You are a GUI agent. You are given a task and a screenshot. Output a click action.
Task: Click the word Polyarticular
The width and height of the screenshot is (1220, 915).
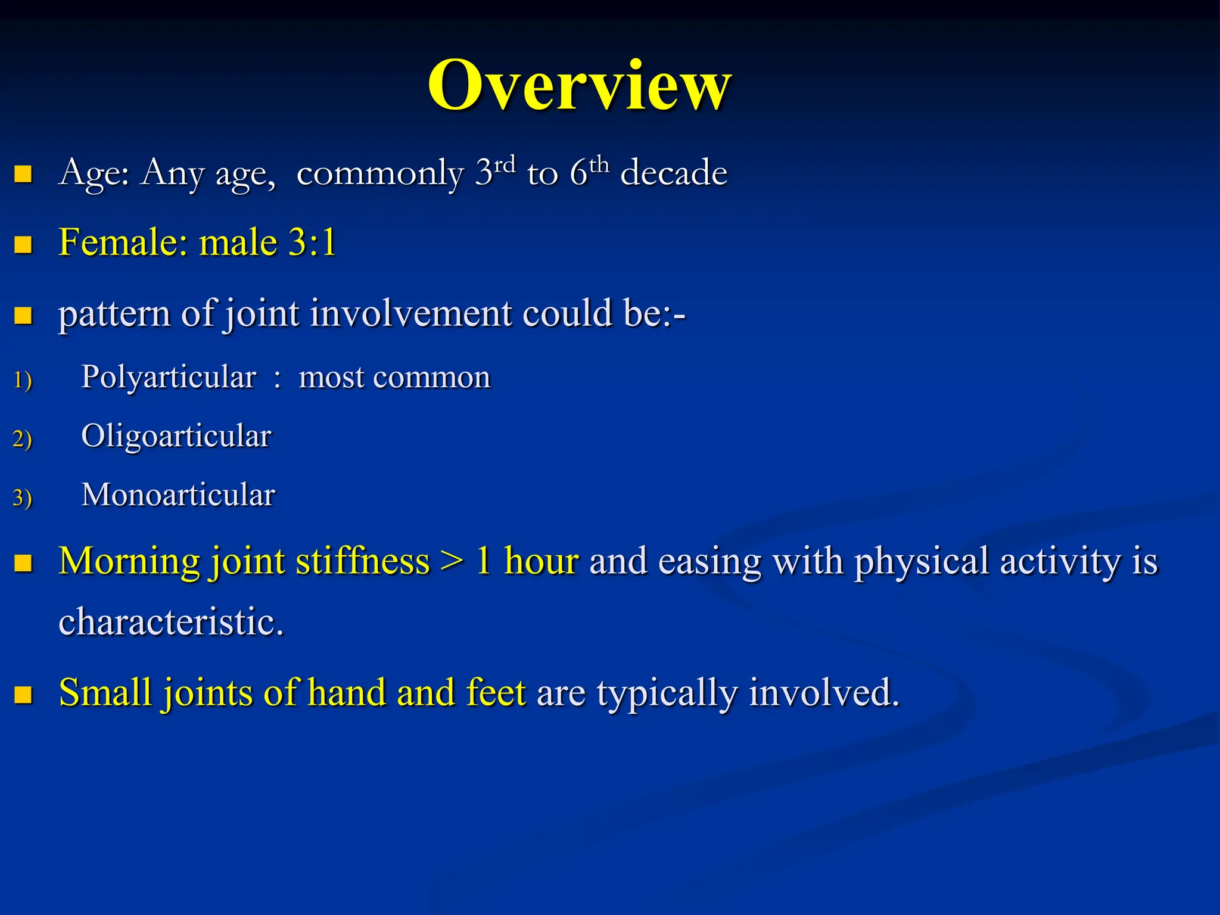coord(169,377)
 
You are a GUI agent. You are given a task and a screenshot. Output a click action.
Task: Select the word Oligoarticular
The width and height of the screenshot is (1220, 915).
coord(176,436)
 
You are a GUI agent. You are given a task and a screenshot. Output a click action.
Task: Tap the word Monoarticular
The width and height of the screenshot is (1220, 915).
coord(178,495)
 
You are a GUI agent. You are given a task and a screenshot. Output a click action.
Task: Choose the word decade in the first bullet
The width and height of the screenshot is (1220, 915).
coord(674,173)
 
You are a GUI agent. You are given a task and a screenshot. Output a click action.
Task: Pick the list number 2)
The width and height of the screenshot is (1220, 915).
coord(22,439)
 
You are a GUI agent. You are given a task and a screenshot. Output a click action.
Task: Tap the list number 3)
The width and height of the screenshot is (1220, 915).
coord(22,498)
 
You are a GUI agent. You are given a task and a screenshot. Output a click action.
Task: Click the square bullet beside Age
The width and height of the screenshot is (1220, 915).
coord(23,174)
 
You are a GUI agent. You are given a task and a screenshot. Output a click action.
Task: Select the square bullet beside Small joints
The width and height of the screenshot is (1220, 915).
coord(23,695)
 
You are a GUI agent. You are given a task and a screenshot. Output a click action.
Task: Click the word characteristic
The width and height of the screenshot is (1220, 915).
coord(170,622)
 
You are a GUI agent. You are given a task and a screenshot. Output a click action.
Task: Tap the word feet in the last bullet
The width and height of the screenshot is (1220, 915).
coord(496,693)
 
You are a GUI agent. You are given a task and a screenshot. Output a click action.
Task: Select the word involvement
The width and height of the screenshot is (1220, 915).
coord(410,313)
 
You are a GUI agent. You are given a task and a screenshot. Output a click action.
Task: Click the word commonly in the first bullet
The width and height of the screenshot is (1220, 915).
coord(380,174)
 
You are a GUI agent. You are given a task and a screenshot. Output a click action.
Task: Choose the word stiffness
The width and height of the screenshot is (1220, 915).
coord(362,562)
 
